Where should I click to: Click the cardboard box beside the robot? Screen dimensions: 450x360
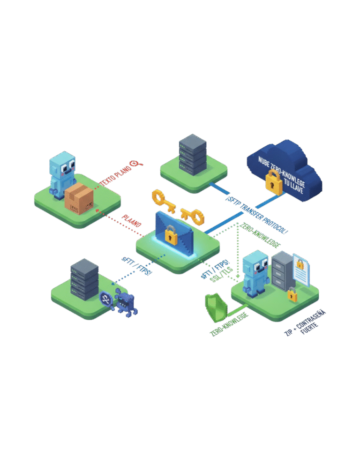[79, 198]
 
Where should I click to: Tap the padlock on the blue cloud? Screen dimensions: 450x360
[274, 182]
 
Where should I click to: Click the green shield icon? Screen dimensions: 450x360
[216, 308]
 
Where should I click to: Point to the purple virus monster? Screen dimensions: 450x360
[125, 302]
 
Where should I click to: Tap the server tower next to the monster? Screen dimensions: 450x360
[84, 279]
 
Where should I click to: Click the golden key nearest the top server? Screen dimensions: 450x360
[162, 199]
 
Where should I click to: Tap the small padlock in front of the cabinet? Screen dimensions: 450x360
[292, 295]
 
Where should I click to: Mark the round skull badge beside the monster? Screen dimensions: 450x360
[106, 299]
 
